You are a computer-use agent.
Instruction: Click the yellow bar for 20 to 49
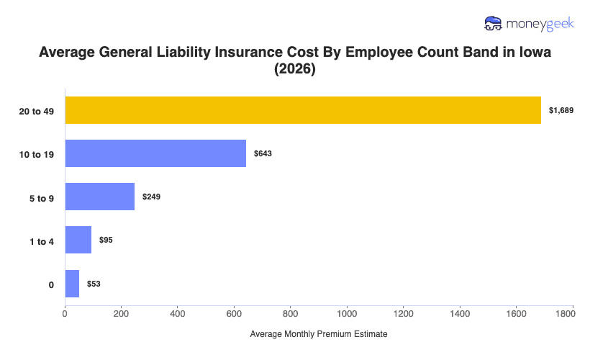click(x=303, y=110)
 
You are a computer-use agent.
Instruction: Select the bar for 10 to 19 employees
click(x=155, y=153)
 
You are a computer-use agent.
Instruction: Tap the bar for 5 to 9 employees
click(x=100, y=197)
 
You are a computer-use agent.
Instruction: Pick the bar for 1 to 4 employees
click(x=78, y=240)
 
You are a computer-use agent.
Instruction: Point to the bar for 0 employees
click(x=72, y=284)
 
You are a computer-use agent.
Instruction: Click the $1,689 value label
click(x=560, y=110)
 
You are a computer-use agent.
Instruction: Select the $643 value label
click(x=263, y=153)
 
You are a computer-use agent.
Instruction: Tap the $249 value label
click(x=151, y=197)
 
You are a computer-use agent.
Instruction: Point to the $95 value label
click(x=106, y=240)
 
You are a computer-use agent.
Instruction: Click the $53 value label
click(x=94, y=284)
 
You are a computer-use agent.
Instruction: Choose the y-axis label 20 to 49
click(x=37, y=111)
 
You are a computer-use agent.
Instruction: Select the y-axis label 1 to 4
click(x=41, y=240)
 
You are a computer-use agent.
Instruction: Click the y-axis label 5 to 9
click(x=41, y=197)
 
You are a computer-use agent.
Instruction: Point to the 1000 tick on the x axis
click(x=348, y=313)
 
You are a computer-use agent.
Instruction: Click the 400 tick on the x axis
click(x=178, y=313)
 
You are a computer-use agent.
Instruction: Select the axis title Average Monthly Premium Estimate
click(x=319, y=335)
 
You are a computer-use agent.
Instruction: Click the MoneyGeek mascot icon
click(x=493, y=24)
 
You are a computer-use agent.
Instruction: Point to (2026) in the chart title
click(x=295, y=71)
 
